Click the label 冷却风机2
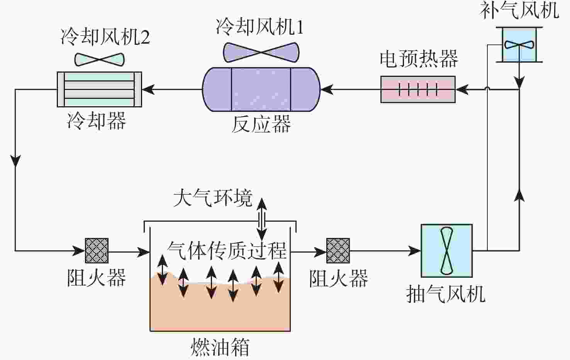[105, 37]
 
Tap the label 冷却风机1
[260, 27]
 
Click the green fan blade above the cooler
[100, 59]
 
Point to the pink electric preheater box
[418, 89]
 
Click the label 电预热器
[419, 59]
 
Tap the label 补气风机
[519, 10]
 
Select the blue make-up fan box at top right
[519, 44]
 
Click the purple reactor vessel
[261, 89]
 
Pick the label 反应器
[261, 124]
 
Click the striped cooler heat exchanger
[99, 89]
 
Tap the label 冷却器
[97, 121]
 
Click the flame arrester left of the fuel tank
[97, 251]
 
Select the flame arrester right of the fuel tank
[338, 251]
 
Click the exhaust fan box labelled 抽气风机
[446, 251]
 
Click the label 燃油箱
[220, 347]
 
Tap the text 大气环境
[213, 198]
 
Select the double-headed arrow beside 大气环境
[262, 218]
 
